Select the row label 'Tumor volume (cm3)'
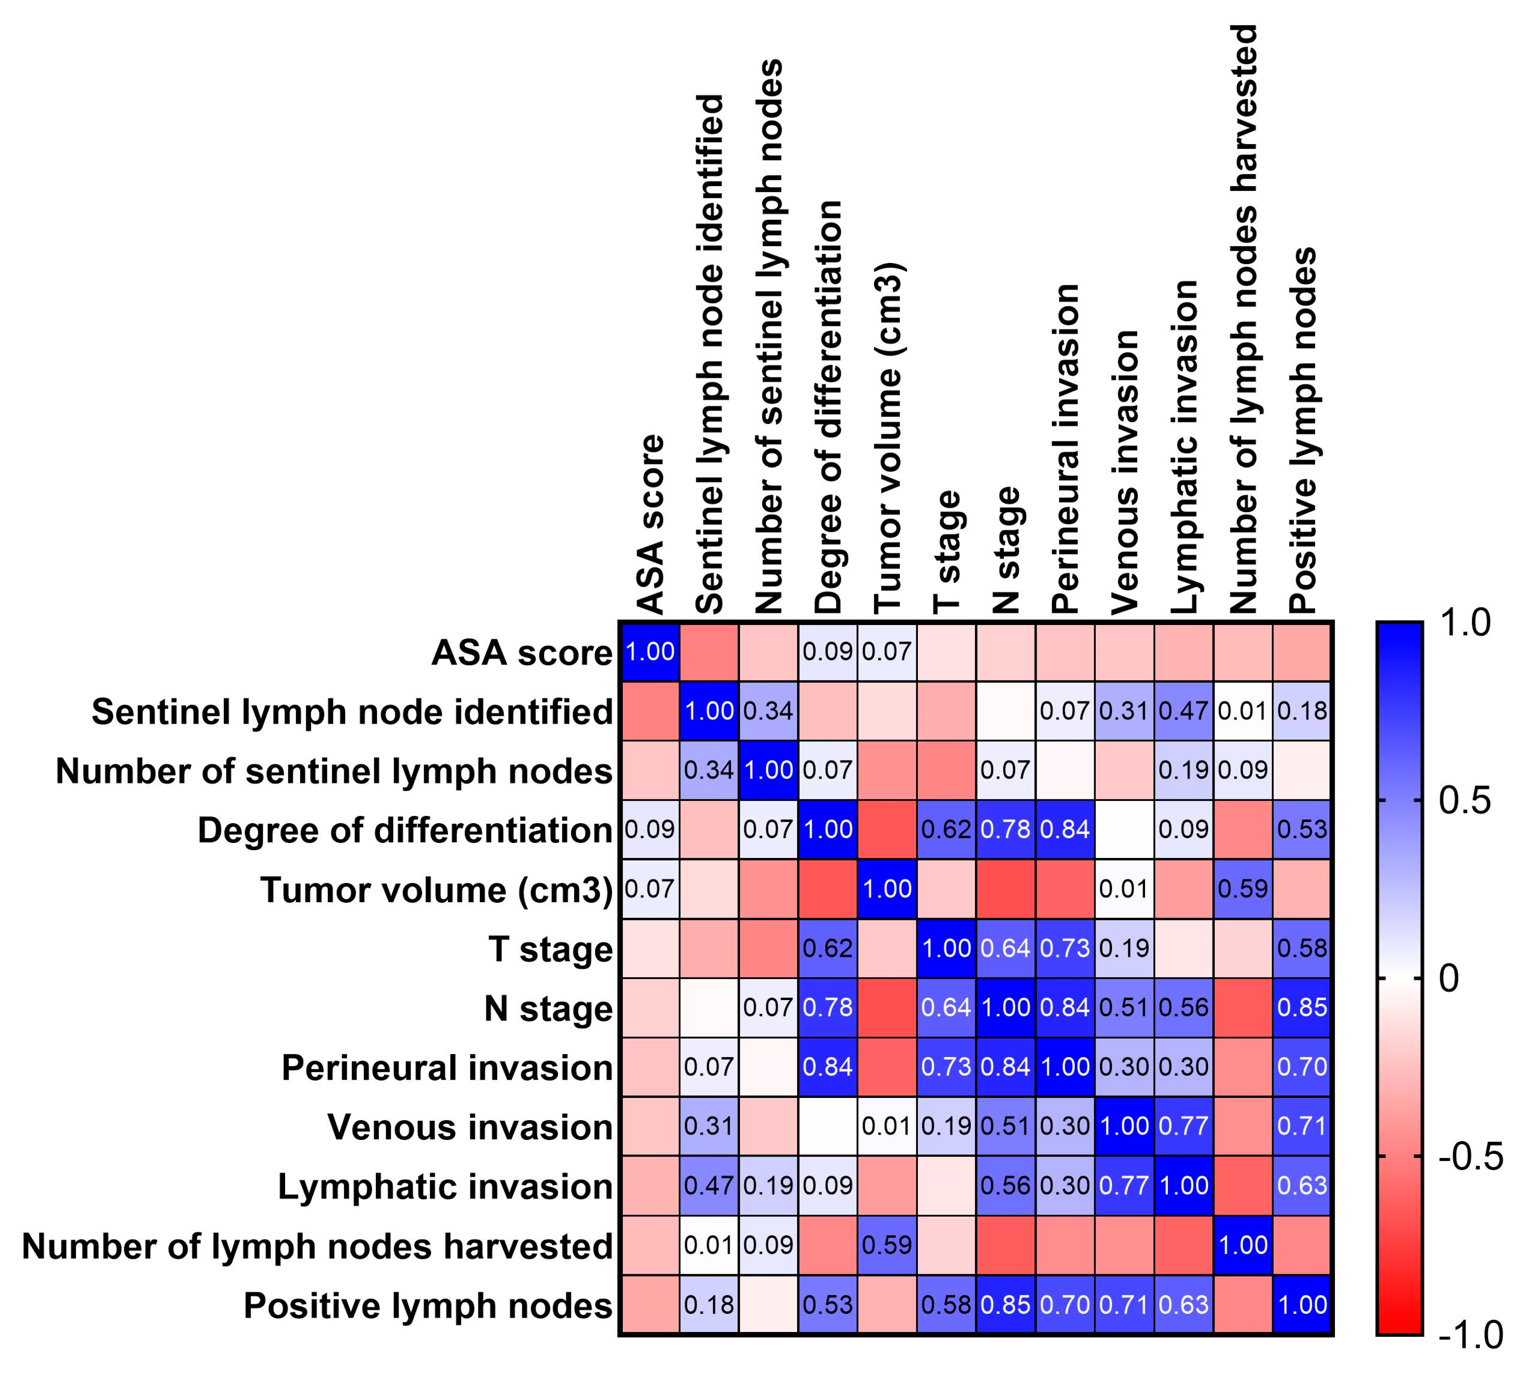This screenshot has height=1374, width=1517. tap(436, 890)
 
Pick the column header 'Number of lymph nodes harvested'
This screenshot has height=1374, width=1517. tap(1244, 319)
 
